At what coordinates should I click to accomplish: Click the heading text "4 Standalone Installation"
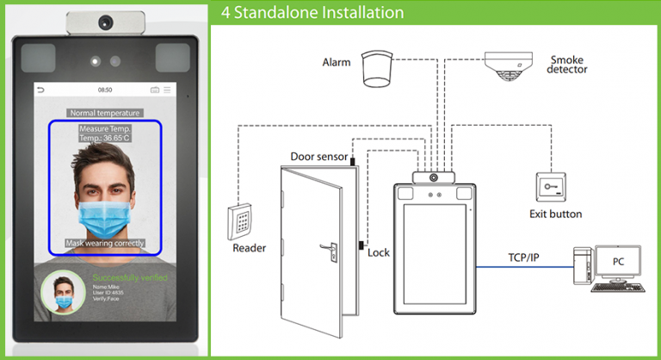click(312, 13)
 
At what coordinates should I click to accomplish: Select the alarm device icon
click(377, 67)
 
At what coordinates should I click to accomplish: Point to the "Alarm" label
click(336, 63)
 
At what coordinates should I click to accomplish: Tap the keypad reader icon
click(241, 221)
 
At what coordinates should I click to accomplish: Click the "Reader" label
click(250, 248)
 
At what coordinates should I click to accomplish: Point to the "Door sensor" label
click(319, 158)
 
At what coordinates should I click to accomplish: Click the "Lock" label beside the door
click(379, 252)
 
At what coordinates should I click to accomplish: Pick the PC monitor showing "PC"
click(618, 262)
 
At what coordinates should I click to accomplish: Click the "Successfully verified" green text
click(130, 278)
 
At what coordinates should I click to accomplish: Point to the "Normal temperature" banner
click(104, 113)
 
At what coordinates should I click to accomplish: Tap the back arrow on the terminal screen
click(40, 90)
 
